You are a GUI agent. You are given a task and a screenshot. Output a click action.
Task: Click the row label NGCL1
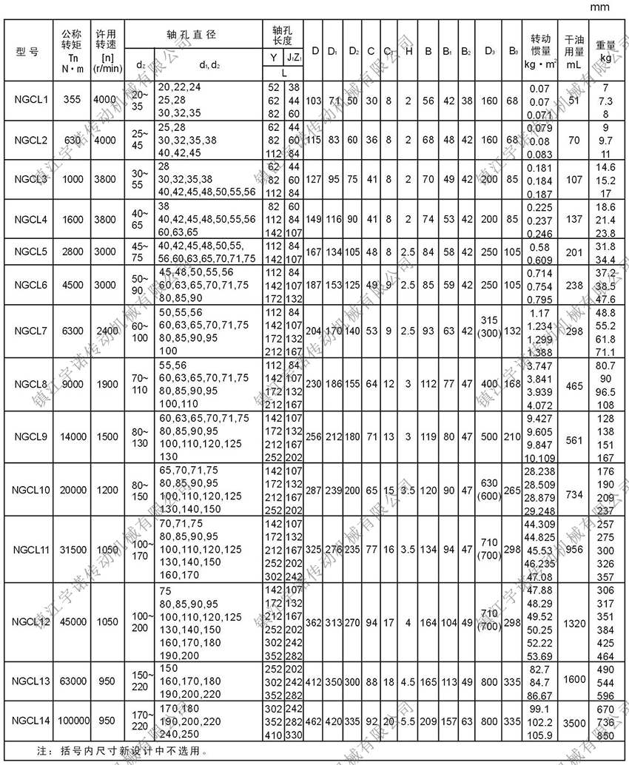pyautogui.click(x=30, y=99)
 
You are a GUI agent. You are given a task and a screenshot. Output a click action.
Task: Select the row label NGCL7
pyautogui.click(x=30, y=330)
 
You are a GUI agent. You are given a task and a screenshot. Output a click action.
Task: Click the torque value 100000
pyautogui.click(x=72, y=720)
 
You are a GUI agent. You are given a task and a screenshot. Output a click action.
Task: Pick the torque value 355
pyautogui.click(x=72, y=99)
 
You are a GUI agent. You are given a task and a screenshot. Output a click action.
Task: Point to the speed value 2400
pyautogui.click(x=105, y=330)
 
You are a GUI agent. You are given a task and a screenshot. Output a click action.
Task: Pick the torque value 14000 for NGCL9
pyautogui.click(x=72, y=437)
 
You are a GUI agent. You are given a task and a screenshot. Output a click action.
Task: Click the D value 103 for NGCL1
pyautogui.click(x=314, y=99)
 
